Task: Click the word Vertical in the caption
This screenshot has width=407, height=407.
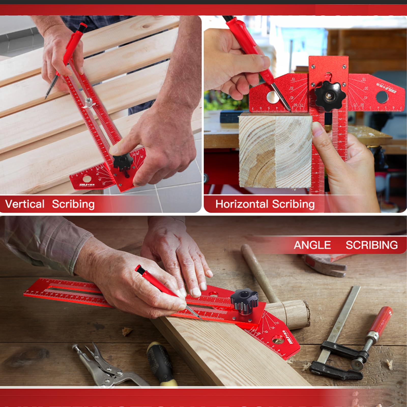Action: (25, 204)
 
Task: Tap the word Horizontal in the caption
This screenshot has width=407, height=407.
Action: (241, 204)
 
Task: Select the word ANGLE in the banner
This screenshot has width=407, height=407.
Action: (312, 245)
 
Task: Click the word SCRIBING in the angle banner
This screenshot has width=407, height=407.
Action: (371, 245)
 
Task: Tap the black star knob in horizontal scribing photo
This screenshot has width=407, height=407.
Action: (330, 96)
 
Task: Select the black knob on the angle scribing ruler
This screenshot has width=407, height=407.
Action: (244, 301)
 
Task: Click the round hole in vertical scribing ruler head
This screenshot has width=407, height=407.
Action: (86, 179)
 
